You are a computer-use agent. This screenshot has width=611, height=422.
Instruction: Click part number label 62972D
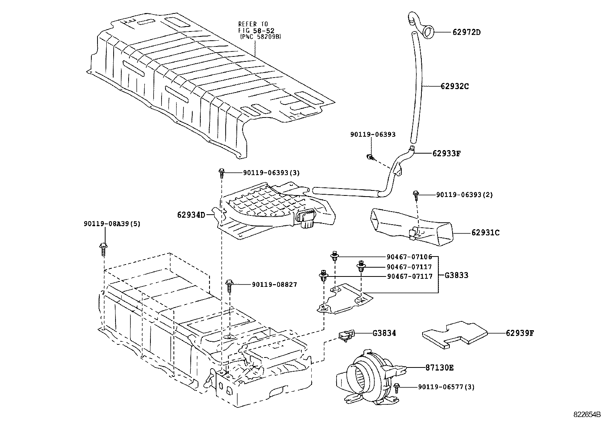466,32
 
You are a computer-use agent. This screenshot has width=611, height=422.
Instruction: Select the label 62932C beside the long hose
454,86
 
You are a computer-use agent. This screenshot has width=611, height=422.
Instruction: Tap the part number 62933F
446,153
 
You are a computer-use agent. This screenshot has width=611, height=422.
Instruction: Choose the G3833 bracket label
456,275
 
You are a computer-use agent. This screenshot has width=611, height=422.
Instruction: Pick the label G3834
384,333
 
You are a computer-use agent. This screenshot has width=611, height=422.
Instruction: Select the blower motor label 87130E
439,367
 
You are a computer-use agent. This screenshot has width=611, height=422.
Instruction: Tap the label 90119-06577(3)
446,387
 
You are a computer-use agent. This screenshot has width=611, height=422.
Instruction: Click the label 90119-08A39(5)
112,223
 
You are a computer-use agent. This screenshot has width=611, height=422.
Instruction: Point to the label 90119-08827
274,285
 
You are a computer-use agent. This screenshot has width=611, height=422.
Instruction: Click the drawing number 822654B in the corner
587,415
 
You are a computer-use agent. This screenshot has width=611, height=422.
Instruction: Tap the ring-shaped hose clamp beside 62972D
428,31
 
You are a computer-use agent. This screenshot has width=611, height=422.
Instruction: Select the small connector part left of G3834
347,334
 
